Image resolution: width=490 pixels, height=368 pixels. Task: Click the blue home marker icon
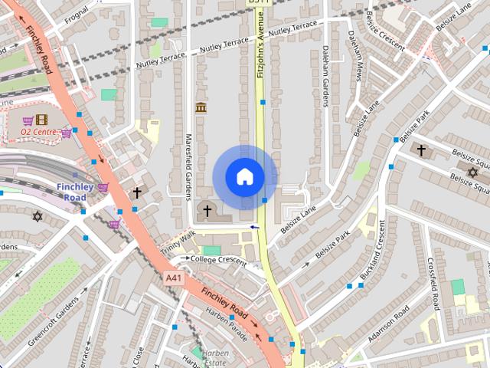(245, 177)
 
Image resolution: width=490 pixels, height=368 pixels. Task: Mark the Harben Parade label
(227, 315)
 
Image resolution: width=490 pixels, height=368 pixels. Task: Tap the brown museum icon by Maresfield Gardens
(201, 107)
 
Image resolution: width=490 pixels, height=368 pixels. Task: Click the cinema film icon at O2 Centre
(41, 120)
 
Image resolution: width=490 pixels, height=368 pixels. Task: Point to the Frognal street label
(77, 15)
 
